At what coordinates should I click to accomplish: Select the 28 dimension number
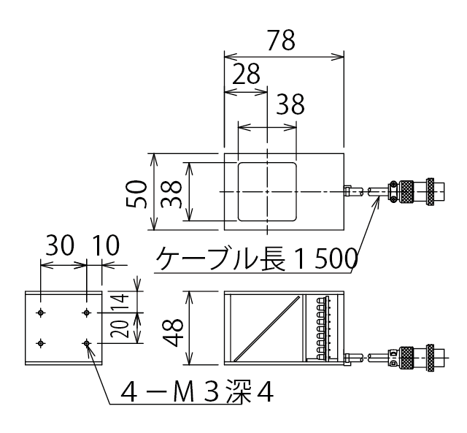246,76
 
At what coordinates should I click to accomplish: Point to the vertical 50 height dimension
140,194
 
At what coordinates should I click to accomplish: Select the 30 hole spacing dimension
61,246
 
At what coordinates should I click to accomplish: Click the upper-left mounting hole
42,313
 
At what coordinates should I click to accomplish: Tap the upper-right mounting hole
87,313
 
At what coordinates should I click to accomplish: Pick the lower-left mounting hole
42,342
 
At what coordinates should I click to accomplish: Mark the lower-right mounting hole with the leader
87,342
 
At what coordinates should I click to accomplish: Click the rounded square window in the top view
268,191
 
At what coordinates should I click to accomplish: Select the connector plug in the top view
412,191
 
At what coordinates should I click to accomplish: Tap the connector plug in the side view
412,359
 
